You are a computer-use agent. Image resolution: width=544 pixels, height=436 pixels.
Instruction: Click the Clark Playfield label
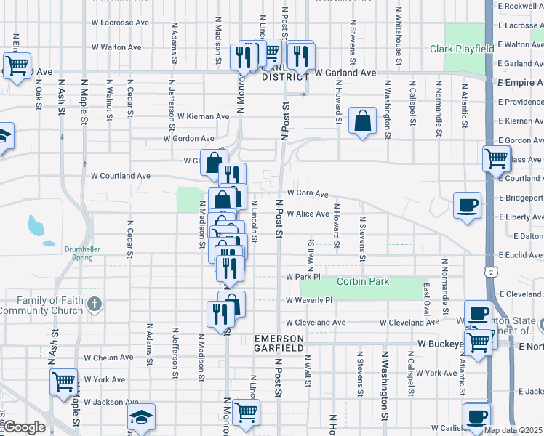point(461,49)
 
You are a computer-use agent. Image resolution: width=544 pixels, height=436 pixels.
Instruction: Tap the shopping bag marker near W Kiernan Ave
point(362,121)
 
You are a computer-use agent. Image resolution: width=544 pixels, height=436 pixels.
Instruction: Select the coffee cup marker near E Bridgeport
point(467,203)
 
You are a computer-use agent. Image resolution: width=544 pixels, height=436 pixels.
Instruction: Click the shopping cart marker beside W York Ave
point(64,380)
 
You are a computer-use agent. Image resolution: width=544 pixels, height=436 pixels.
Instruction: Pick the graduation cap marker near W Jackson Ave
point(141,416)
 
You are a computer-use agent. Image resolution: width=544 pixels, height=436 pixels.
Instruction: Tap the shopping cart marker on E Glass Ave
point(496,156)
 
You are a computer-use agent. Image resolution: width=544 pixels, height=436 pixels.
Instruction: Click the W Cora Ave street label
point(308,194)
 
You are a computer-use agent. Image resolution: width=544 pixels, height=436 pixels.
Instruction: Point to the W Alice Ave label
point(308,214)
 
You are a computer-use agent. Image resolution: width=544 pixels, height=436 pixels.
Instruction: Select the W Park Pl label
point(303,278)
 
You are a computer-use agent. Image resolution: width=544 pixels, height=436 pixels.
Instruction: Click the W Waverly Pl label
point(308,300)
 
